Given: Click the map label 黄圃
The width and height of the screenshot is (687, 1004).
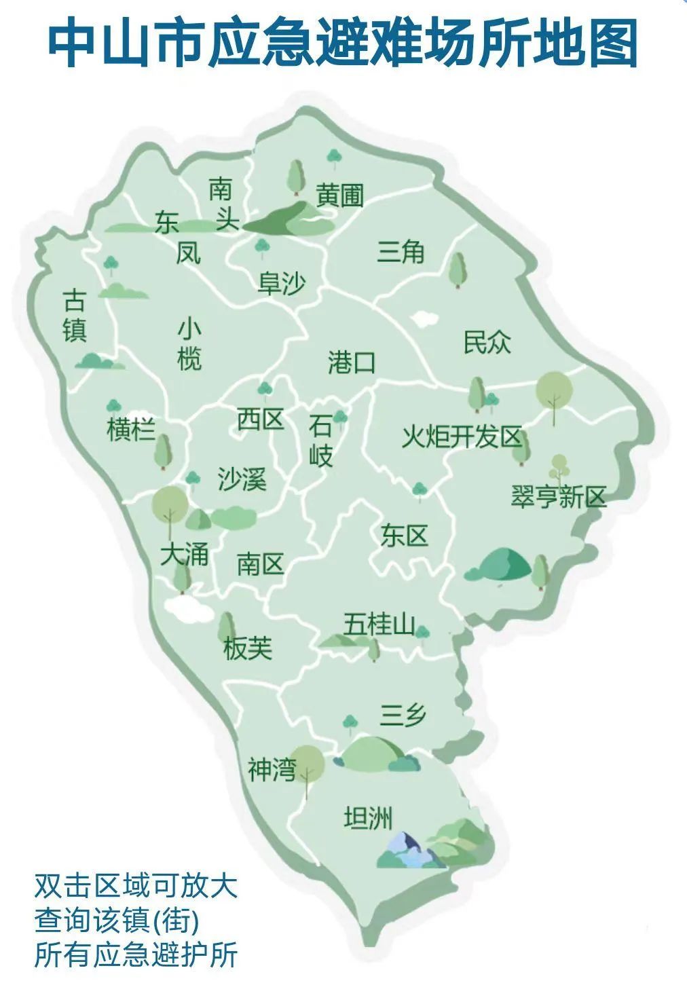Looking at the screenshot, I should pos(339,196).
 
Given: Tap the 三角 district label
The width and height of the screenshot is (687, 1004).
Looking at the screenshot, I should pos(401,252).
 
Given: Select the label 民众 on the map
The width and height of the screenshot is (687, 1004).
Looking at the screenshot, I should pos(487,341).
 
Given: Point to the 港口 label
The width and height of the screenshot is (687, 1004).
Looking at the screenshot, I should pos(351,362).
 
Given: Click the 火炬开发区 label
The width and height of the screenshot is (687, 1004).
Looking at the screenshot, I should pos(461,436).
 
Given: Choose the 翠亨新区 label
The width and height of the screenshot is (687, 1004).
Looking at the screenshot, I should pos(558,497).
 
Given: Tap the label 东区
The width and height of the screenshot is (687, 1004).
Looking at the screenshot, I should pos(404,536).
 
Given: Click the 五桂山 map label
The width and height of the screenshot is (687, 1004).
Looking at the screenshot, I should pos(378,623).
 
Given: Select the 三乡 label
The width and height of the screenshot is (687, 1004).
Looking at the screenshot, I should pos(403,715).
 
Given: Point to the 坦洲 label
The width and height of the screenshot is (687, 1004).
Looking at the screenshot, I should pos(368,818).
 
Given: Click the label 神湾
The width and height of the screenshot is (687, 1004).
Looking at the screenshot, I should pos(272,770).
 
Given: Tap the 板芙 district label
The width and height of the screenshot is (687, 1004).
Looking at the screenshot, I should pos(248,649).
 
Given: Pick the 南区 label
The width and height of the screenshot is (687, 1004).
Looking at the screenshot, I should pos(260,563).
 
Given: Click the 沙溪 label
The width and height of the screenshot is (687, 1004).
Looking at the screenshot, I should pos(242,479).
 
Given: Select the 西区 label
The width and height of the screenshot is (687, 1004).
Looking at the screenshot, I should pos(260,419).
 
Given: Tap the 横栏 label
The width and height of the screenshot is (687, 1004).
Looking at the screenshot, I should pos(131,430).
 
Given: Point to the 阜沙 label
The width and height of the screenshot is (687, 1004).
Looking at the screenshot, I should pos(281,283).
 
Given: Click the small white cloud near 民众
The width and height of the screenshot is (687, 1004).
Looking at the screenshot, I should pos(424,317).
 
